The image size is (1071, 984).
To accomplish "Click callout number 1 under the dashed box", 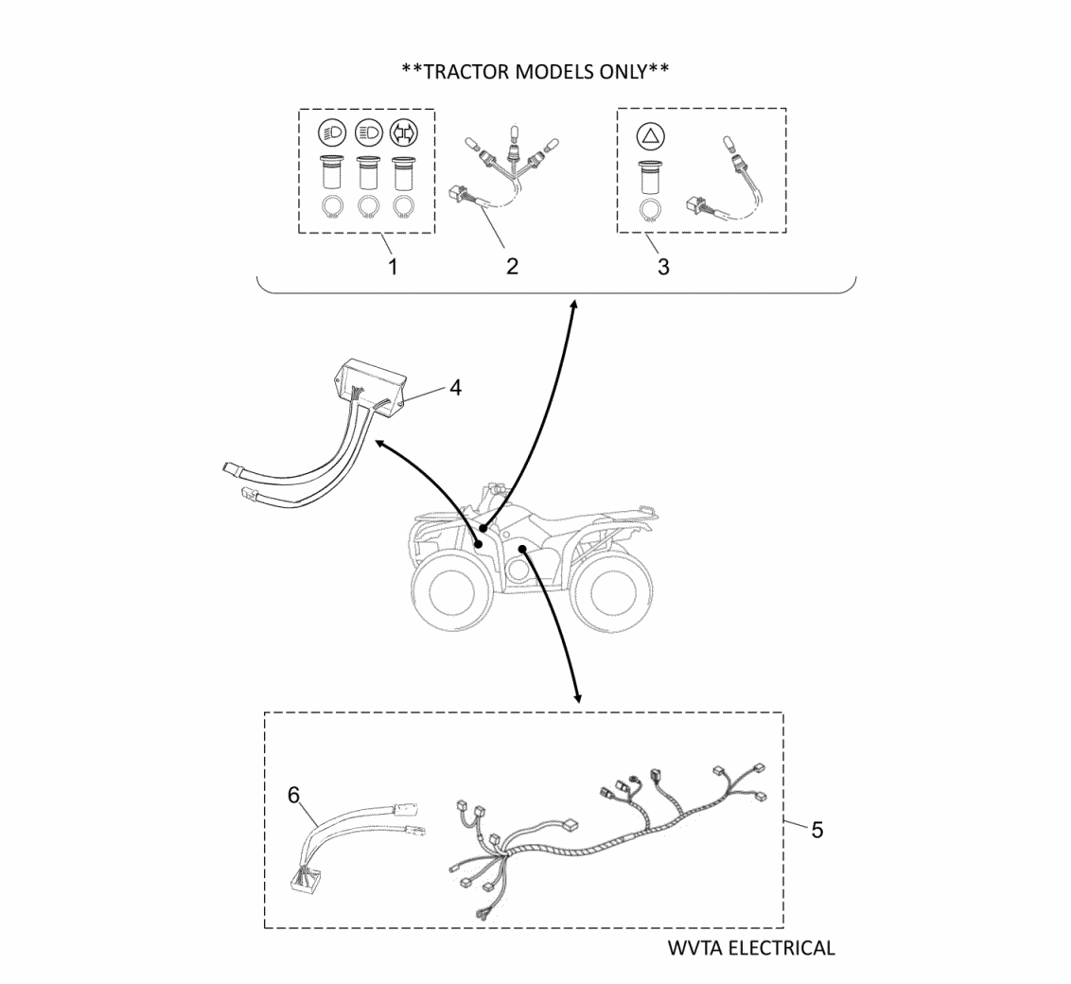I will [393, 266].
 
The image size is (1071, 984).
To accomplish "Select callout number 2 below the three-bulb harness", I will [512, 266].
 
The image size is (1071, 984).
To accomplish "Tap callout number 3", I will [663, 266].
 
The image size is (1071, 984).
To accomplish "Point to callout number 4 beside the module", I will [455, 388].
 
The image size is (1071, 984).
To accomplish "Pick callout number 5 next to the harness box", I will [816, 829].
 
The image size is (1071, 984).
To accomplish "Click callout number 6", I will [295, 795].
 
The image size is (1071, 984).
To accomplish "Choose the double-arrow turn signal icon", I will [404, 133].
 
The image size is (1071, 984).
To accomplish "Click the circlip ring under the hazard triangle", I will [650, 210].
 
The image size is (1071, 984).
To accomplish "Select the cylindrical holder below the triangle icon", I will [650, 176].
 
